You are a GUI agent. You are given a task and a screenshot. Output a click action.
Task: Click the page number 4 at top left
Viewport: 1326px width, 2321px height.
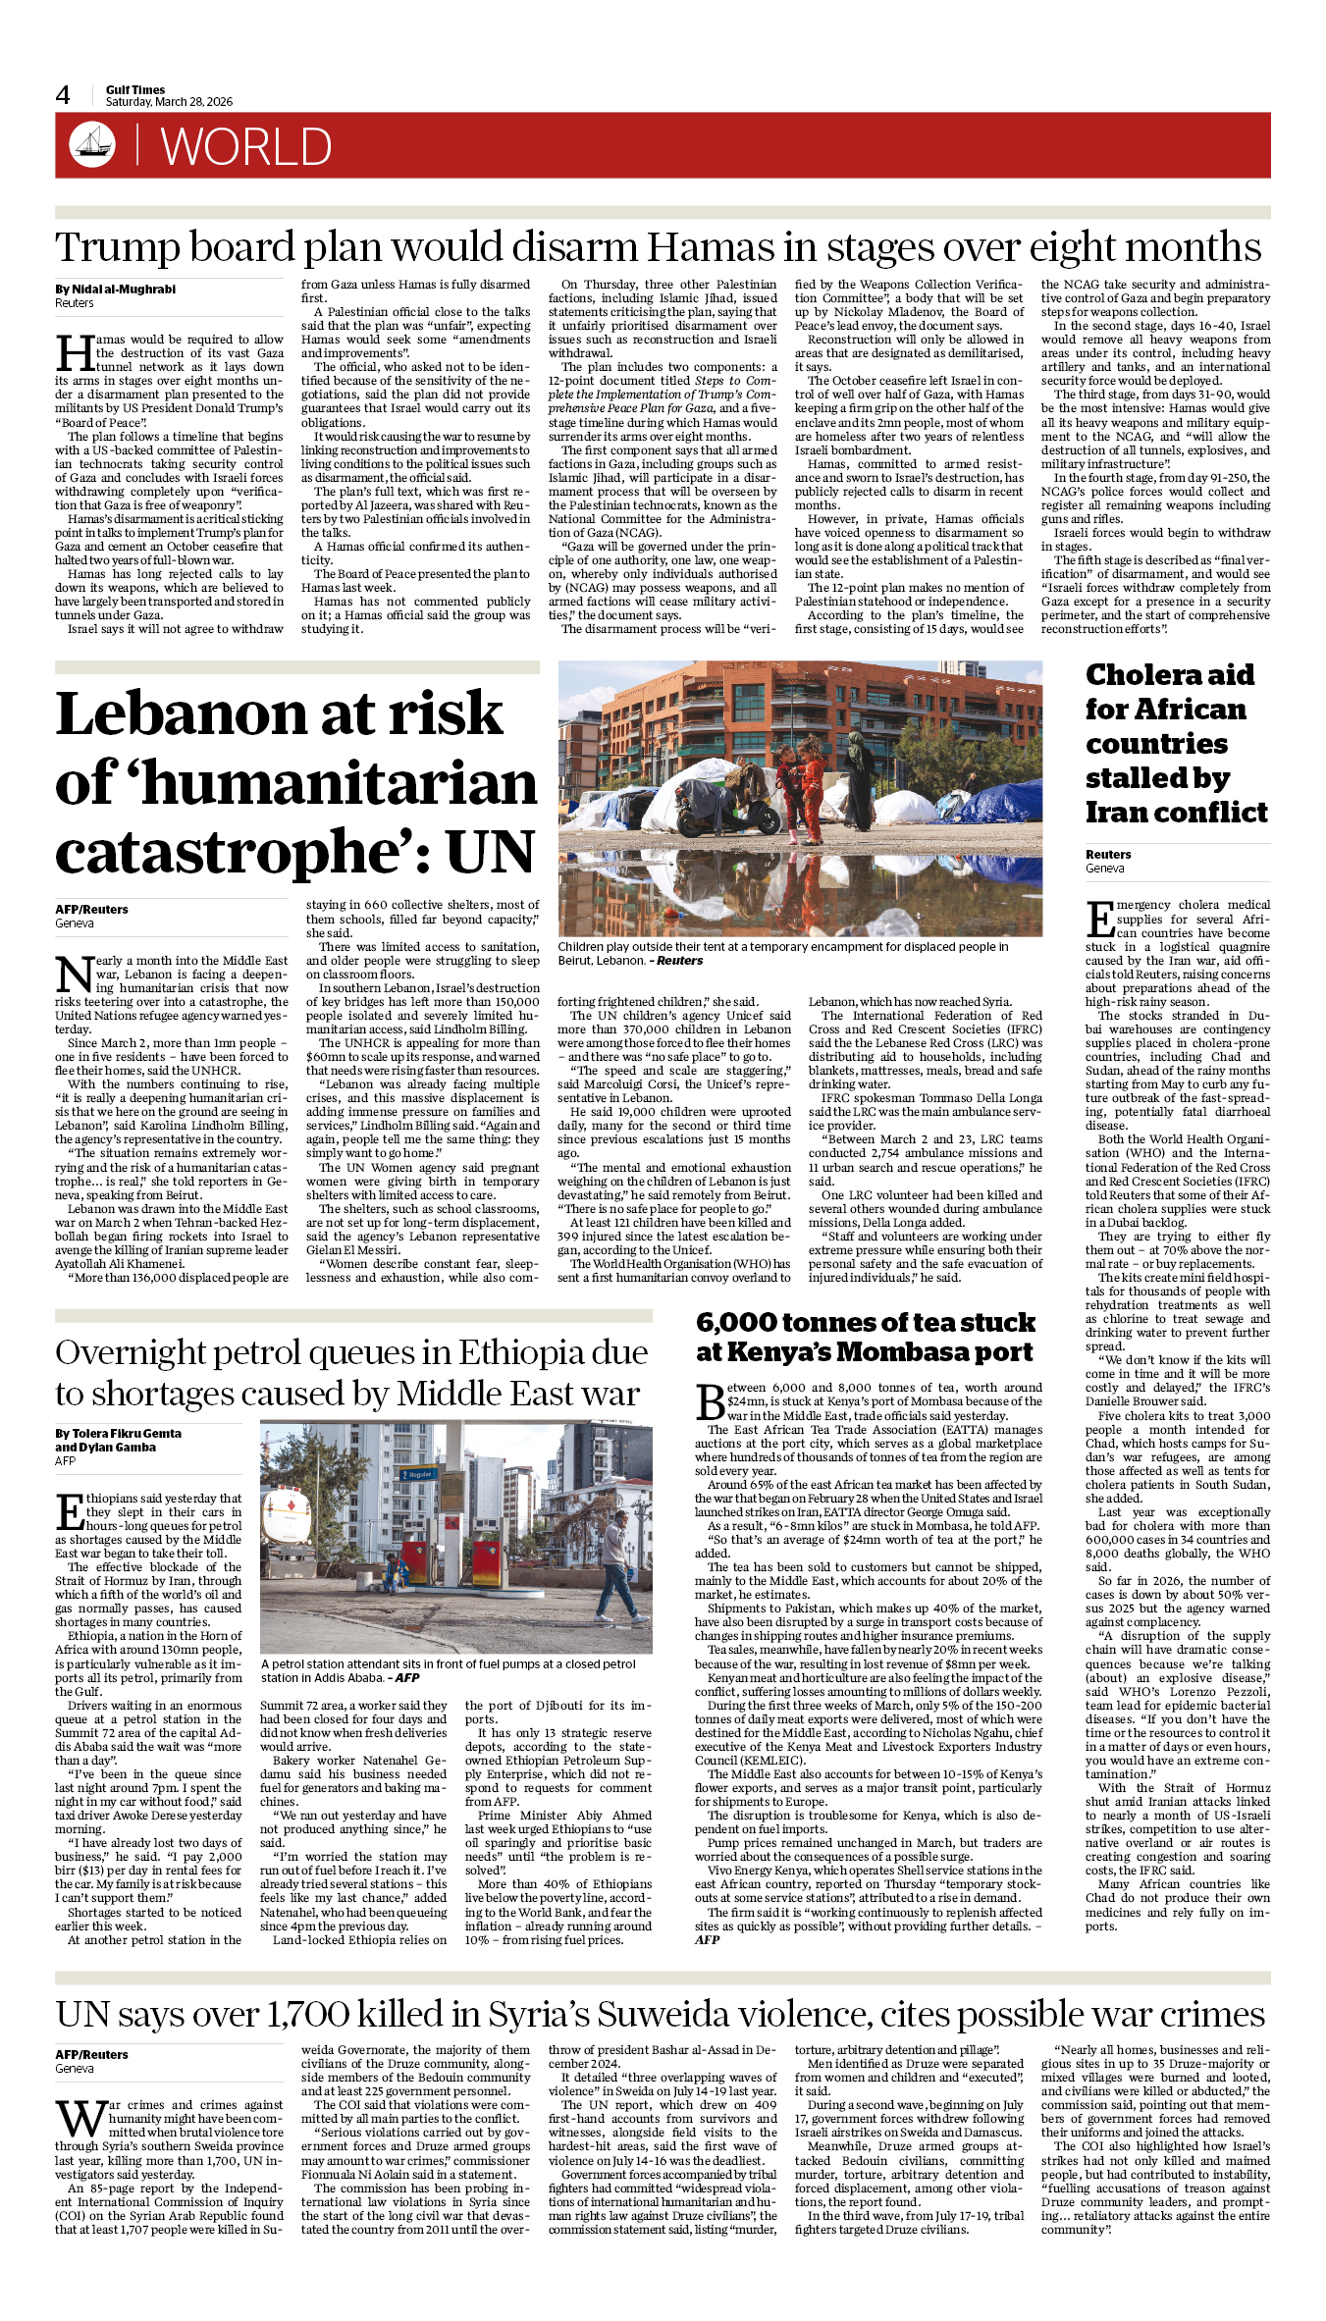pos(63,95)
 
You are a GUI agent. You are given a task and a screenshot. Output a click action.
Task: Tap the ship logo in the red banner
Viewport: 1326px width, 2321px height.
pos(92,144)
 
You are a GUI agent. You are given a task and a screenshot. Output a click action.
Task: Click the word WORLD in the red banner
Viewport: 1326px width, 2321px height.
pos(245,147)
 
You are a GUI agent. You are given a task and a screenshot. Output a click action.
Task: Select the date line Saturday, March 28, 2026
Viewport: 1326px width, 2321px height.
pos(169,102)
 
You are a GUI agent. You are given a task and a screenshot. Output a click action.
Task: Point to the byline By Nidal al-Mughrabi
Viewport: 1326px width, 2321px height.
pos(115,290)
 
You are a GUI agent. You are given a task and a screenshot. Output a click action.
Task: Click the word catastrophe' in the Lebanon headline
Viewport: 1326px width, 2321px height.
pos(232,852)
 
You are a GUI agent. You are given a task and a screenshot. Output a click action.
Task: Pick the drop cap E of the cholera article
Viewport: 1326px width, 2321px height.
pos(1099,920)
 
